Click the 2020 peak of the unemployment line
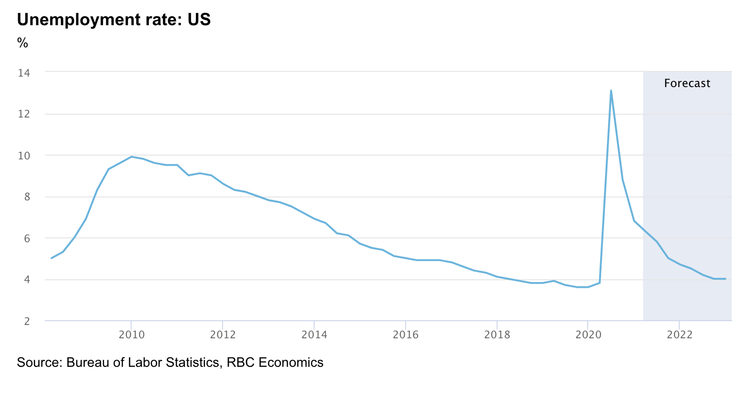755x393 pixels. pos(611,91)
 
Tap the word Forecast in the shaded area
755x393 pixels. pos(687,83)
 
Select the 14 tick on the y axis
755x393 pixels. pos(24,73)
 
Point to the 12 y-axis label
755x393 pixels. pos(24,114)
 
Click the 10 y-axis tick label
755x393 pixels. pos(24,156)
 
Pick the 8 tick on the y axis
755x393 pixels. pos(26,196)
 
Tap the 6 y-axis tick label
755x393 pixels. pos(26,238)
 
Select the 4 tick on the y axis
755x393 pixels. pos(26,279)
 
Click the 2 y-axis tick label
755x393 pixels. pos(26,321)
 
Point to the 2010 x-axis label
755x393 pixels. pos(132,334)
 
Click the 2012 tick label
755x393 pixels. pos(223,334)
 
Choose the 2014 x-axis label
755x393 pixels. pos(314,334)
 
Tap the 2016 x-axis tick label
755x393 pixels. pos(406,334)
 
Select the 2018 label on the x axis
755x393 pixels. pos(497,334)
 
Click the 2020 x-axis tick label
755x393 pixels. pos(588,334)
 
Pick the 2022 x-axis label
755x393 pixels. pos(679,334)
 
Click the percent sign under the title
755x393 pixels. pos(22,43)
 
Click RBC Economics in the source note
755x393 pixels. pos(275,363)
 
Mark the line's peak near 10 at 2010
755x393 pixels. pos(132,157)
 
